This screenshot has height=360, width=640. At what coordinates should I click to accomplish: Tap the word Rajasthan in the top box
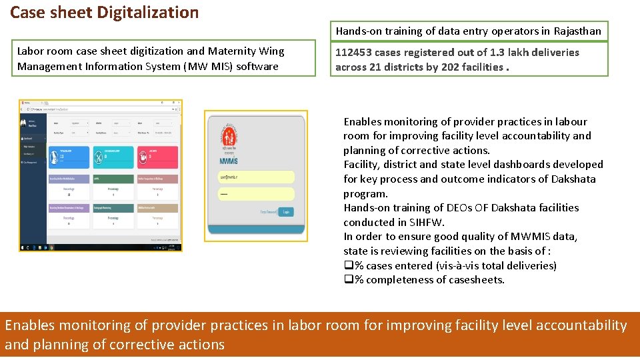pos(575,31)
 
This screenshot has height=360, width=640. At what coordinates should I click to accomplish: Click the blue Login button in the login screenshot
pos(286,211)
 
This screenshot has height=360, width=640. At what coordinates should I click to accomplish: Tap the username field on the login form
pos(256,177)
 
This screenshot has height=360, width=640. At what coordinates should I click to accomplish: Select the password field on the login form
pos(256,194)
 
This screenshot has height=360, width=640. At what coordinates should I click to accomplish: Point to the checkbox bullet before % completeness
pos(348,280)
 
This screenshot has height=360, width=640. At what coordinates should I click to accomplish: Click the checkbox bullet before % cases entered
pos(348,265)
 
